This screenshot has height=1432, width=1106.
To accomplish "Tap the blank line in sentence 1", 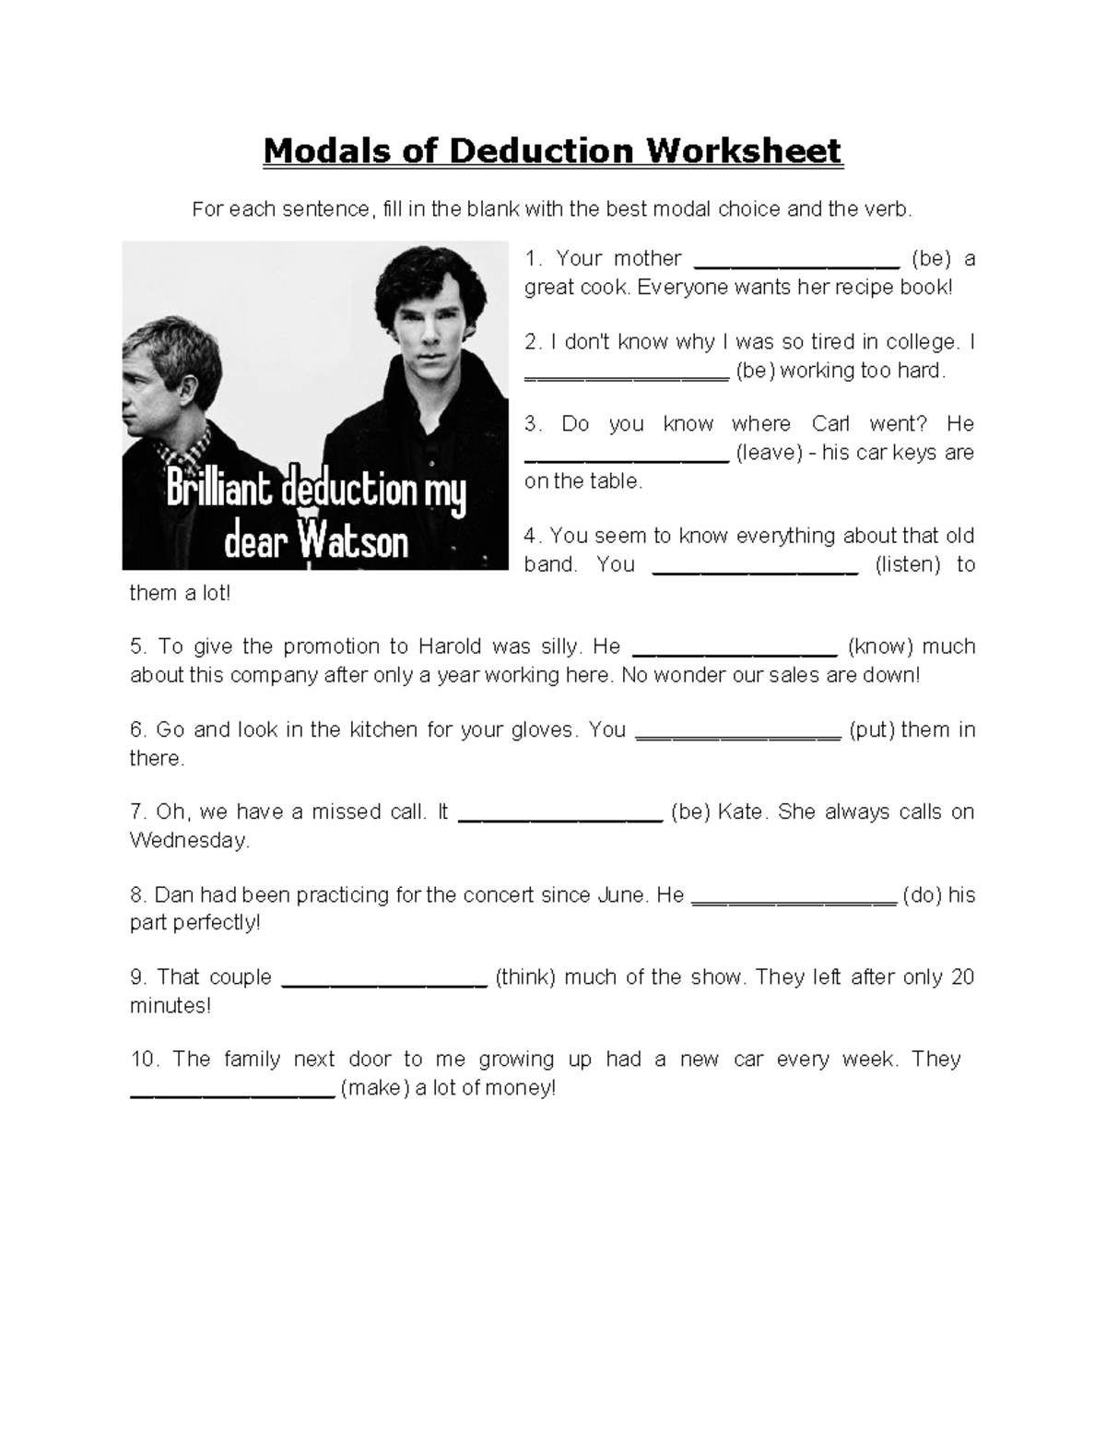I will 796,263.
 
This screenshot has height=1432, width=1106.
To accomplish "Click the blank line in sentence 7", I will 559,817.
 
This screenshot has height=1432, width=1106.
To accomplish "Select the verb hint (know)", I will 879,646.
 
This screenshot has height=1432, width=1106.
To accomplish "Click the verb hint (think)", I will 525,977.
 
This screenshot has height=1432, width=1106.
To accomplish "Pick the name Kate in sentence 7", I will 740,812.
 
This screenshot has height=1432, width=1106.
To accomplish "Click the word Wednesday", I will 189,841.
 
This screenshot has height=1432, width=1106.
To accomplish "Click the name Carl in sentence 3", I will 830,424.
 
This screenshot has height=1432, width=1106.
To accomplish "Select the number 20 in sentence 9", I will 962,977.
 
